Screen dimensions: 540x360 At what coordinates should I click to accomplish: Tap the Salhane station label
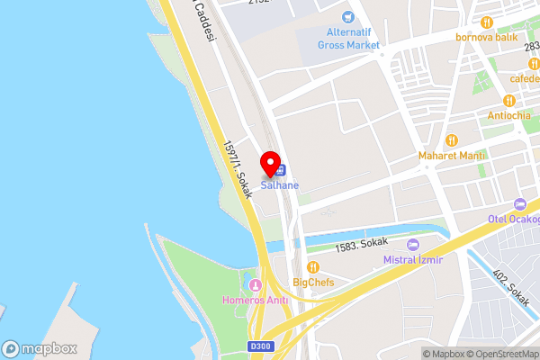(280, 185)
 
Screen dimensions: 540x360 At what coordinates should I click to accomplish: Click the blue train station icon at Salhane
(281, 169)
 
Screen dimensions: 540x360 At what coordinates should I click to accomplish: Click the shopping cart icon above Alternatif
(346, 17)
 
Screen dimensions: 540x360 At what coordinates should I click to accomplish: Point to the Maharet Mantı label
(452, 156)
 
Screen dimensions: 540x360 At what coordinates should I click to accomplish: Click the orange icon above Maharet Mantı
(452, 140)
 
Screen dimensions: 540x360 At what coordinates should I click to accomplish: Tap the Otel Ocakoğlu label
(514, 219)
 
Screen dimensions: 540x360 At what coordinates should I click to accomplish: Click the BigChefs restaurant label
(313, 282)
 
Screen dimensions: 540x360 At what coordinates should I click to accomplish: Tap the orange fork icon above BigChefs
(313, 266)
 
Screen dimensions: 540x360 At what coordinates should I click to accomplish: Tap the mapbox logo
(40, 348)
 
